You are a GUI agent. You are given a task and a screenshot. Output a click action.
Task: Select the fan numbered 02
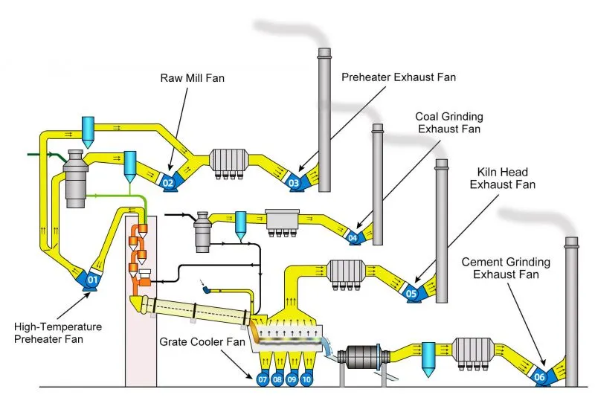tap(168, 181)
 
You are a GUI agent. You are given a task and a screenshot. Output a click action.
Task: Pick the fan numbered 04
tap(353, 238)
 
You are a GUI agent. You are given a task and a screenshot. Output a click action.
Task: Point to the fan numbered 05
tap(411, 294)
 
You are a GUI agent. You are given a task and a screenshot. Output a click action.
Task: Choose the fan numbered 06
tap(540, 378)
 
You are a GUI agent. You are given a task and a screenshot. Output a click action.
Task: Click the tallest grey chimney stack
tap(324, 119)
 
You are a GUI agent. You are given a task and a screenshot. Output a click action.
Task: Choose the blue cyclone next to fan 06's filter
tap(428, 356)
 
